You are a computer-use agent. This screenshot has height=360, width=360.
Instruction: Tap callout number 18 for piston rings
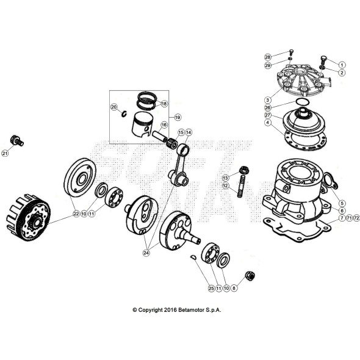pyautogui.click(x=164, y=104)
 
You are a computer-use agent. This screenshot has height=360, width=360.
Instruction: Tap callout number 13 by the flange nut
pyautogui.click(x=225, y=177)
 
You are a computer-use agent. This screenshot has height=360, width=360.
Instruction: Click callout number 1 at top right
pyautogui.click(x=342, y=65)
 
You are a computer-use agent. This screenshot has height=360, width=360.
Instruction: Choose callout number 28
pyautogui.click(x=267, y=57)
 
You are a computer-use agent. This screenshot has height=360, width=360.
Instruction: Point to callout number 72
pyautogui.click(x=356, y=218)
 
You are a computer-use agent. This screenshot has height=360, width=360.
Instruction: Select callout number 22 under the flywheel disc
pyautogui.click(x=76, y=214)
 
